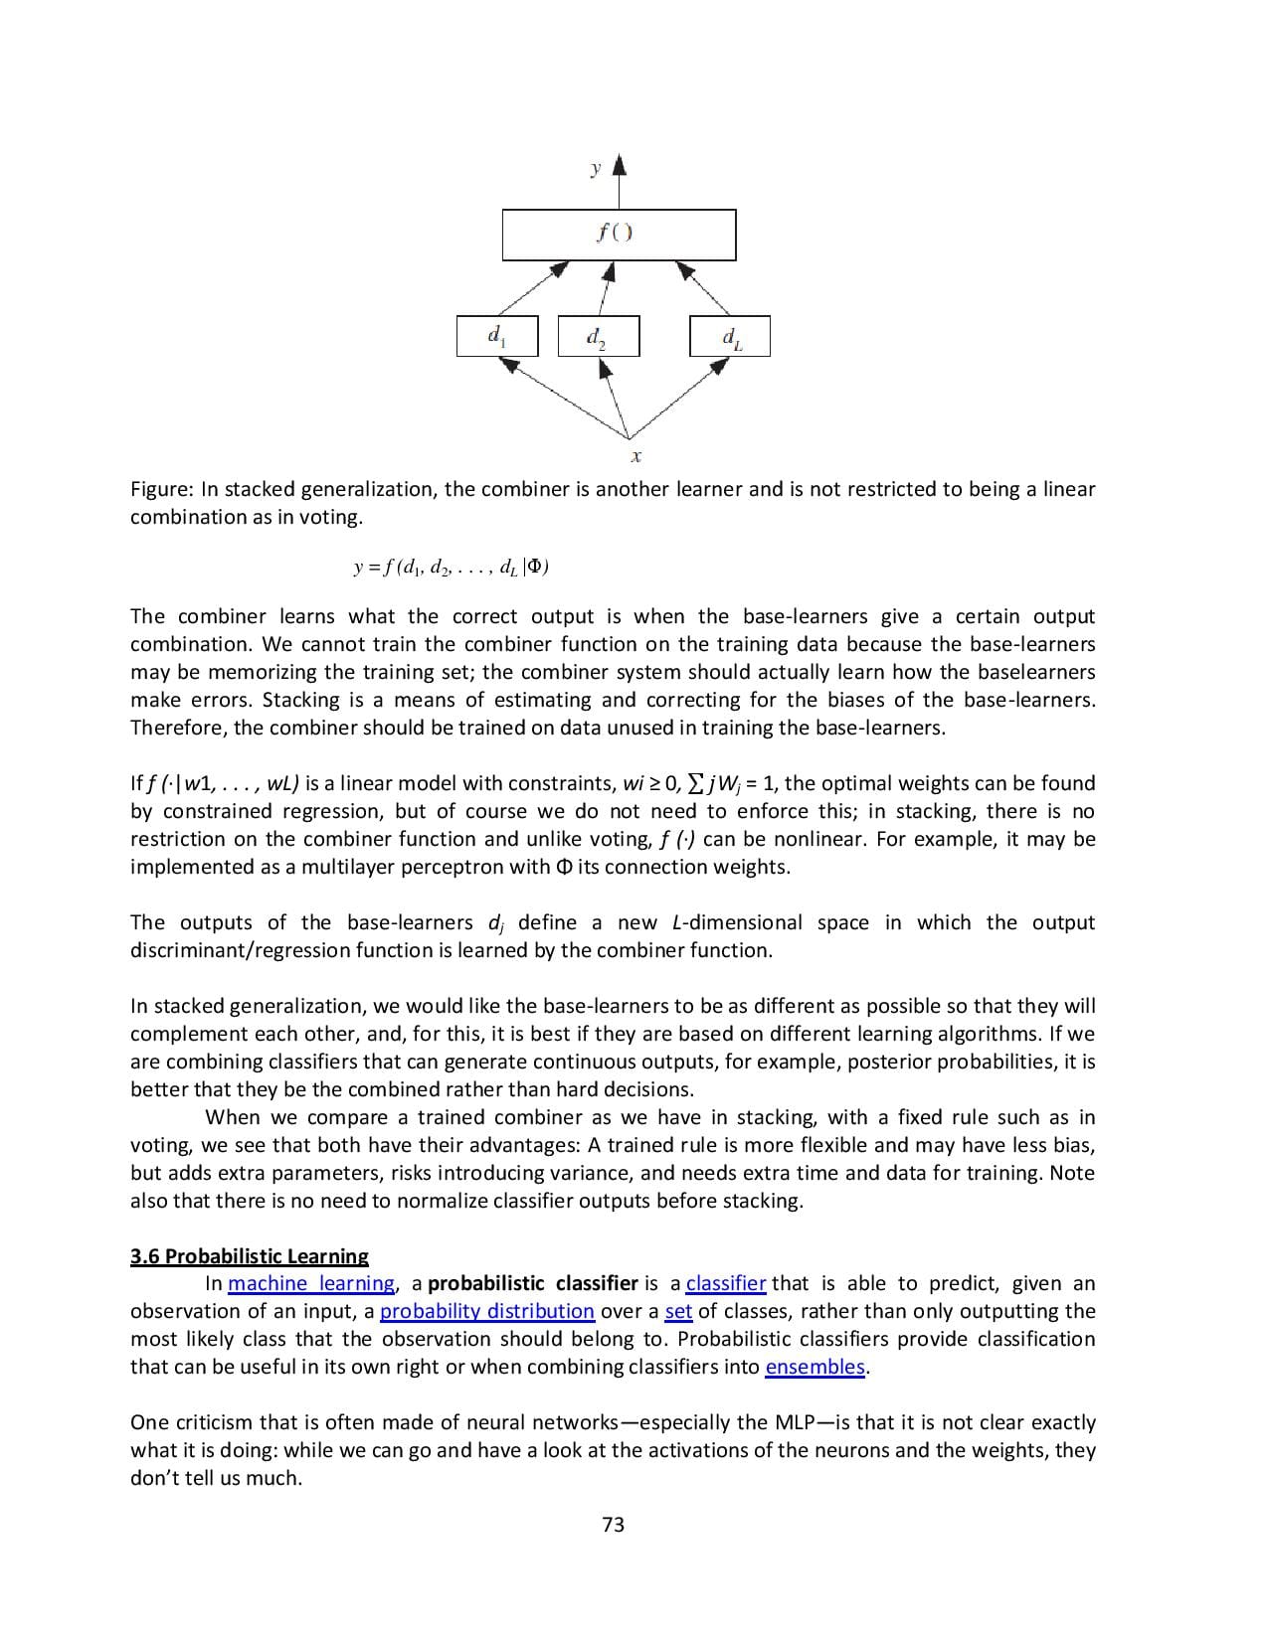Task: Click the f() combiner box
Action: pos(619,235)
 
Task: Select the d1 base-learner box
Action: pos(496,336)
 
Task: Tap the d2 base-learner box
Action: pos(598,336)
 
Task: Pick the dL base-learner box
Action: pos(729,336)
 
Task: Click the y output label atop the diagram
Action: pos(595,168)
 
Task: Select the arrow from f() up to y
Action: pos(620,184)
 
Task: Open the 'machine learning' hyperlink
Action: pos(311,1283)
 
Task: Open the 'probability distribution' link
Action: pos(487,1311)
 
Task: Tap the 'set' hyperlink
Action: pos(678,1311)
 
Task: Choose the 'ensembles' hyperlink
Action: pos(815,1367)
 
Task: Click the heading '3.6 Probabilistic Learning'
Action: pos(250,1255)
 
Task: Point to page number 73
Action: pos(614,1525)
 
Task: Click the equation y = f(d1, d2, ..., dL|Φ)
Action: pos(452,568)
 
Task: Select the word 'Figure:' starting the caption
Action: pos(163,489)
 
